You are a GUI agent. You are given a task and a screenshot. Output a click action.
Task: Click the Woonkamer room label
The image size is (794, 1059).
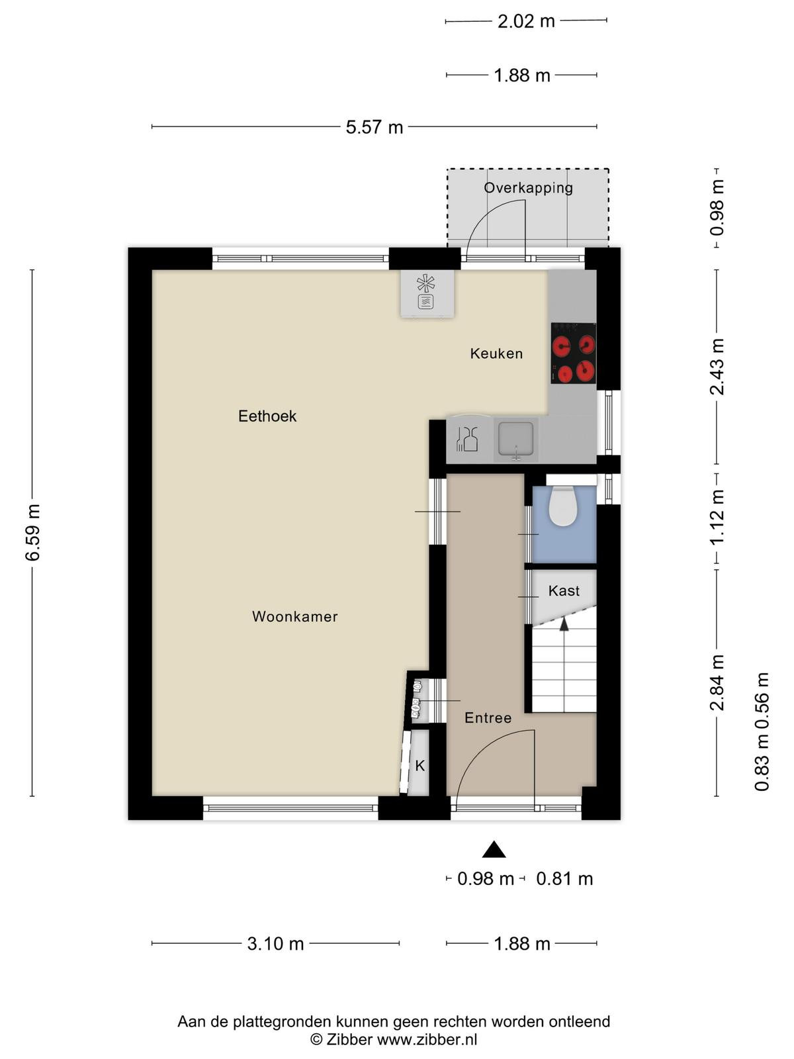[294, 617]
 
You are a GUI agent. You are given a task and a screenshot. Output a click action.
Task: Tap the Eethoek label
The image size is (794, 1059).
[267, 416]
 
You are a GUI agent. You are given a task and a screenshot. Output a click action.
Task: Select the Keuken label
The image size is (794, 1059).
[496, 353]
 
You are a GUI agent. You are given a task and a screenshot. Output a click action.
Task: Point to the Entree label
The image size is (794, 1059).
[488, 718]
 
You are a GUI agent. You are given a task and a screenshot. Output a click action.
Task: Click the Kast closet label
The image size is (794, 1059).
[564, 590]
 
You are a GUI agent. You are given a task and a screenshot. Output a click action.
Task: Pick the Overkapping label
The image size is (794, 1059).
[529, 188]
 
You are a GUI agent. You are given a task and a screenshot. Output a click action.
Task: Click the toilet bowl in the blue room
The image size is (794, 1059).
[562, 506]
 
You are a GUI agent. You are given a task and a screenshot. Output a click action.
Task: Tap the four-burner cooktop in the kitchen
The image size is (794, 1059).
[573, 353]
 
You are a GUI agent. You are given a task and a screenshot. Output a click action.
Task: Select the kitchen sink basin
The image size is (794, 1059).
[516, 439]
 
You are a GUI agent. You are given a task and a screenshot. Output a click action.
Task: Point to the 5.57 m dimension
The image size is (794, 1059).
[374, 127]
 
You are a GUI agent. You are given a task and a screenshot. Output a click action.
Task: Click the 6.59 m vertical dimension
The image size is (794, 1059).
[33, 533]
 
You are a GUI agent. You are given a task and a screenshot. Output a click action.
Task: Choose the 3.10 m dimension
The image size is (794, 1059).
[275, 943]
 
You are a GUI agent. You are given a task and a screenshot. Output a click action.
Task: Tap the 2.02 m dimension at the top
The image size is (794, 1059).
[526, 21]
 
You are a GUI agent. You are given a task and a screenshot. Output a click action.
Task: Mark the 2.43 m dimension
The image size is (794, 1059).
[717, 366]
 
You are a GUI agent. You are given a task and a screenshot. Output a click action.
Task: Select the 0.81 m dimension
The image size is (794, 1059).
[564, 878]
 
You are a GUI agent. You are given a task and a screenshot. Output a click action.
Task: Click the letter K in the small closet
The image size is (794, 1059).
[420, 766]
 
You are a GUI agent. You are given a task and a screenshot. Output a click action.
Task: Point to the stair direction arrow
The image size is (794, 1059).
[564, 624]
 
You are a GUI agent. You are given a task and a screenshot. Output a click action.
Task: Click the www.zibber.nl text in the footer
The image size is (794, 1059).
[427, 1038]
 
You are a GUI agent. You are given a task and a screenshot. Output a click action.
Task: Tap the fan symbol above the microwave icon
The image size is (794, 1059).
[425, 284]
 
